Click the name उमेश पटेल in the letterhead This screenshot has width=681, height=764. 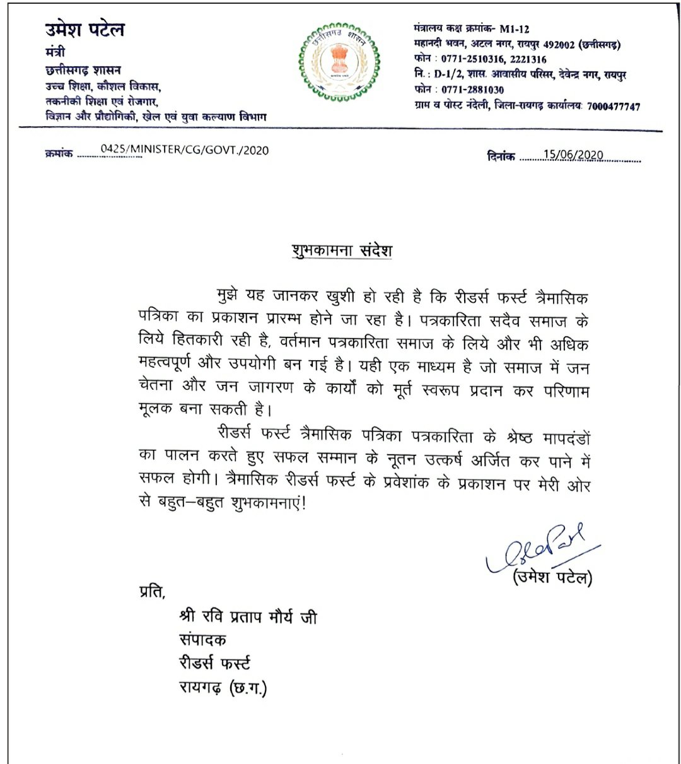coord(84,30)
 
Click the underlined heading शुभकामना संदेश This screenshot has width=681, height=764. coord(342,250)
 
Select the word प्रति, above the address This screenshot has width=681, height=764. coord(150,592)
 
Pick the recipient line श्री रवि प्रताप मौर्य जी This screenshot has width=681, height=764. coord(248,616)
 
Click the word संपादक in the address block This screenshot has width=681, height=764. coord(202,640)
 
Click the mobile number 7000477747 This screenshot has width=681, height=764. coord(613,107)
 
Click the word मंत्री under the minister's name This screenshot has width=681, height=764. coord(55,52)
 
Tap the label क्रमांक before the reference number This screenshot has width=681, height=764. coord(59,153)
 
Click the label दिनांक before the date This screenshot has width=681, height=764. coord(501,156)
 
